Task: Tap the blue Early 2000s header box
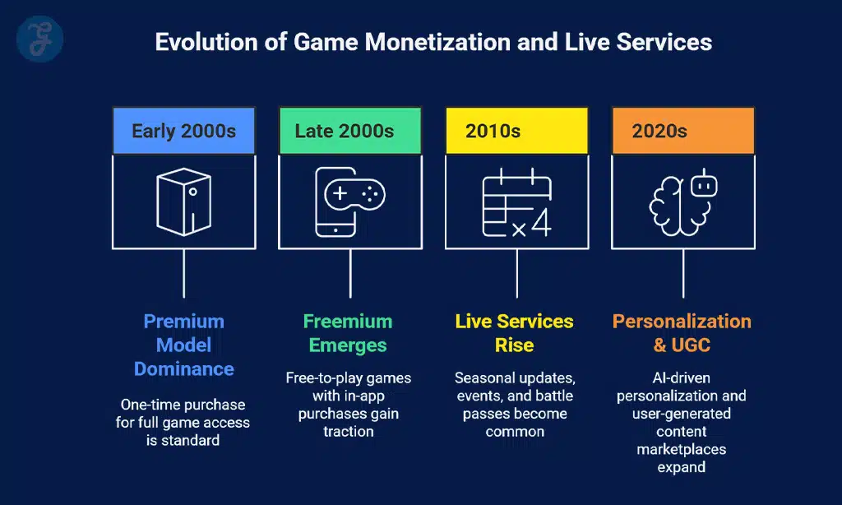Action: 183,131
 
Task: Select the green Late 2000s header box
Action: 349,131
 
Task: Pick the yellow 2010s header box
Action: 516,131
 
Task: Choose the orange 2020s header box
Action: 682,131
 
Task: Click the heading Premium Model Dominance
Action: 183,345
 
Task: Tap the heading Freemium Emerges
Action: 348,332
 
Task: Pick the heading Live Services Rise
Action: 516,332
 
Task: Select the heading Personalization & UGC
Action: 682,332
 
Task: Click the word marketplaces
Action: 682,449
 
